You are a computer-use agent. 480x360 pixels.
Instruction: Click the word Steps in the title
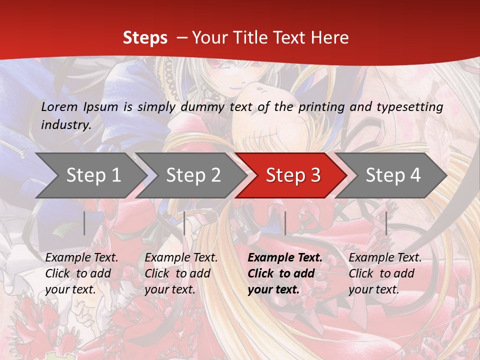click(145, 38)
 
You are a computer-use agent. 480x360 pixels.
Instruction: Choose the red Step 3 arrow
click(293, 175)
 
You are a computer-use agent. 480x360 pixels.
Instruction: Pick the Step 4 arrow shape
click(393, 175)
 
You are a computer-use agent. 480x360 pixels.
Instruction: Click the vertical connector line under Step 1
click(84, 223)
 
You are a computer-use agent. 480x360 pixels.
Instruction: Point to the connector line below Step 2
click(184, 223)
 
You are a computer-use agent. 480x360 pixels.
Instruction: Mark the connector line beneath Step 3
click(285, 223)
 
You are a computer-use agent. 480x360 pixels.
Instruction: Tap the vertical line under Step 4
click(386, 223)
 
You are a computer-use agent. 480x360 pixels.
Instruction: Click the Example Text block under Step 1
click(81, 273)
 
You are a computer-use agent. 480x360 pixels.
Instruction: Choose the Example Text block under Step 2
click(181, 273)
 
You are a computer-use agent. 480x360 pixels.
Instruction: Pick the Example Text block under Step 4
click(385, 273)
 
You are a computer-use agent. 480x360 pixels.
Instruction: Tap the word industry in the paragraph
click(66, 124)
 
